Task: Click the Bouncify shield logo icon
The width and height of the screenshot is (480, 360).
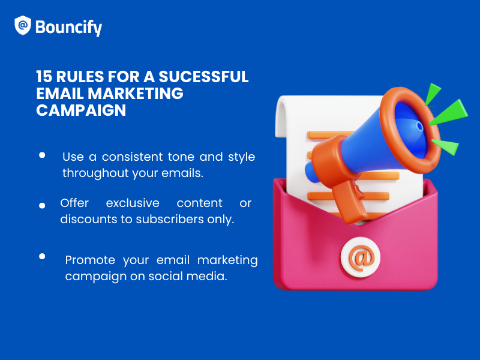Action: coord(23,25)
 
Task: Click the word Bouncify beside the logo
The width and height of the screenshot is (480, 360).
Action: coord(68,27)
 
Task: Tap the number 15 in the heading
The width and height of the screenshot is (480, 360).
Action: coord(45,77)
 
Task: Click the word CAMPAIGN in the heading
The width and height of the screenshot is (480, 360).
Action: coord(81,110)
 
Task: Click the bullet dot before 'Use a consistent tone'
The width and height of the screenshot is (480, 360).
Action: coord(42,155)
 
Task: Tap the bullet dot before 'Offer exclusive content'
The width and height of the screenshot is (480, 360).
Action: coord(42,205)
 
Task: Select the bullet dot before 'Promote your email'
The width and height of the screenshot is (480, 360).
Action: coord(42,256)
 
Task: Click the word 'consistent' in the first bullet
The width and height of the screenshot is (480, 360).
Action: coord(131,157)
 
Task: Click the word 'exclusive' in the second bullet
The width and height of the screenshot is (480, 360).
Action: coord(133,203)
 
